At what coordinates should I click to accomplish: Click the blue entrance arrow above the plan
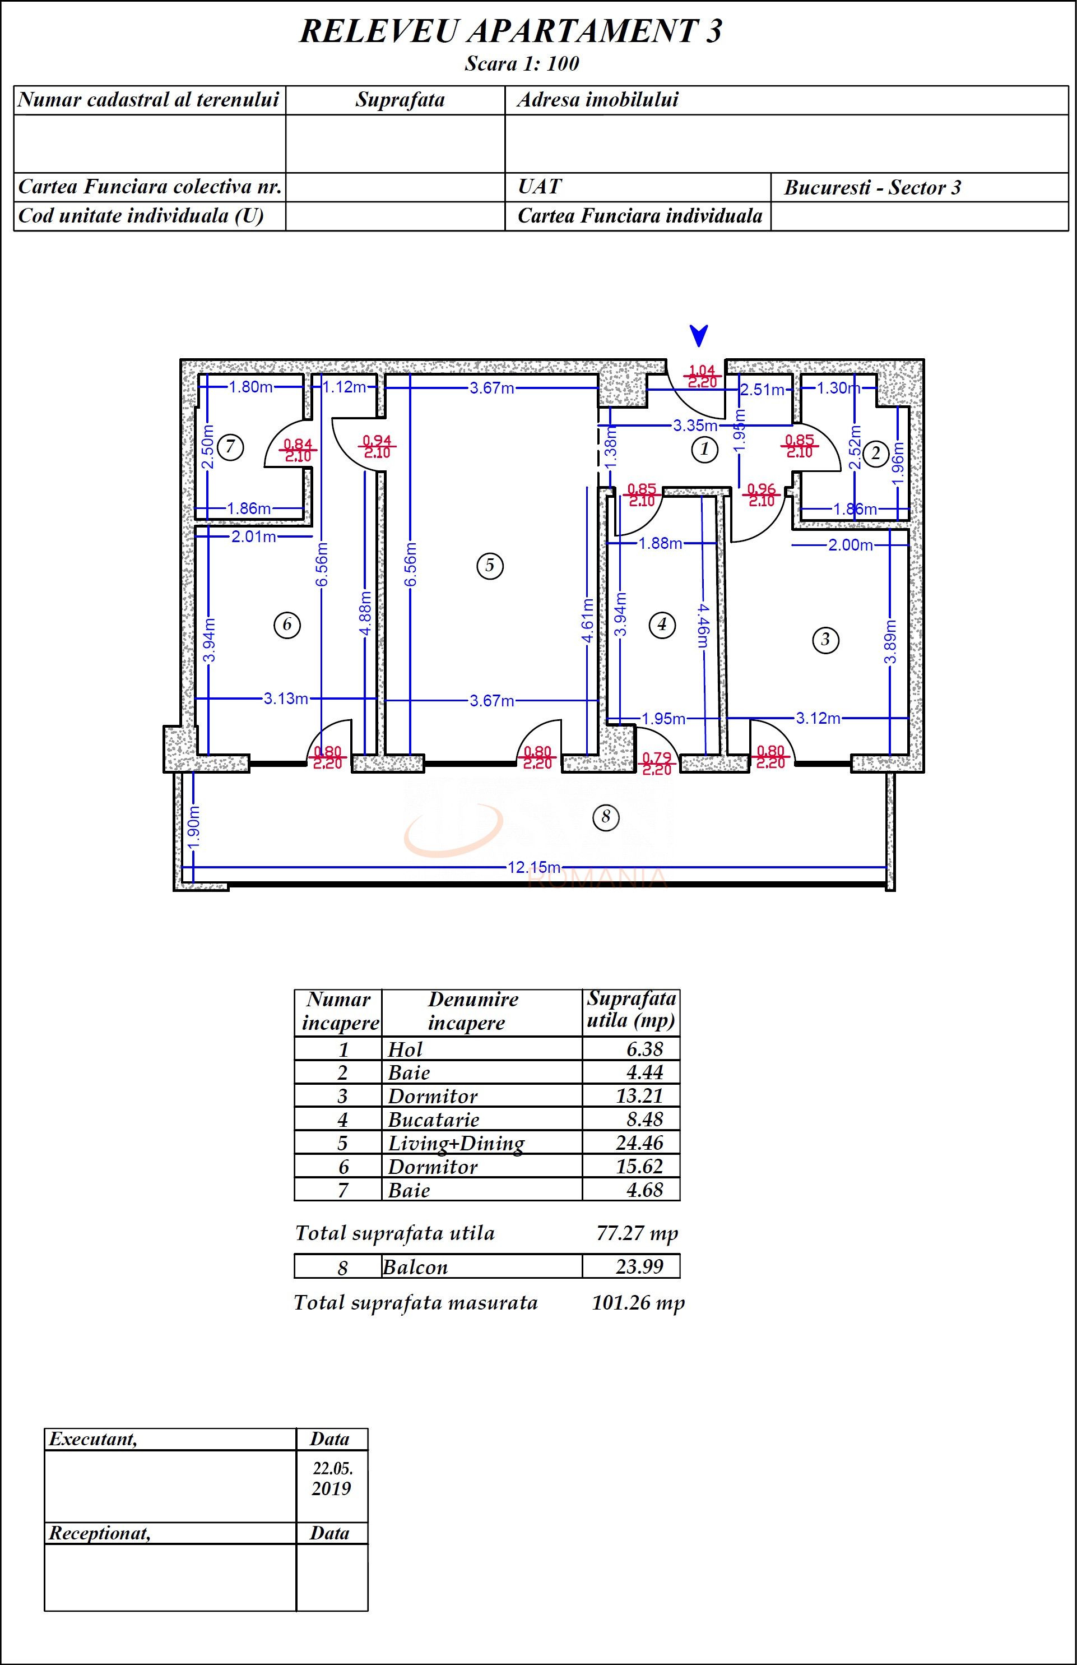click(699, 335)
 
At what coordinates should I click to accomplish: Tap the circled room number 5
click(490, 565)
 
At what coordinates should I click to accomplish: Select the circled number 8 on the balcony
click(606, 816)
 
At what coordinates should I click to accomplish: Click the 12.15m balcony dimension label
click(533, 867)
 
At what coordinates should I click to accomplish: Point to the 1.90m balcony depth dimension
click(194, 826)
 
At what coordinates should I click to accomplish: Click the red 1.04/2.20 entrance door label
click(702, 376)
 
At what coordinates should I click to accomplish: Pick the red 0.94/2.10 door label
click(377, 446)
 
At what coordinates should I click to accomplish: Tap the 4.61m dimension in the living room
click(587, 620)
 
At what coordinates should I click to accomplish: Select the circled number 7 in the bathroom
click(230, 446)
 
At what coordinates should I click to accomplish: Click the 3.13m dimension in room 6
click(285, 698)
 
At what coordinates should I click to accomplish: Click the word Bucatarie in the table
click(433, 1120)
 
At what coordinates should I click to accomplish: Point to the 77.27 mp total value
click(637, 1233)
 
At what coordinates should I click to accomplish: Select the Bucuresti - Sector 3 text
click(872, 187)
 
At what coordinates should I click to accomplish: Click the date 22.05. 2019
click(332, 1478)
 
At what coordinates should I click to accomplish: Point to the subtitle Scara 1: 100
click(522, 64)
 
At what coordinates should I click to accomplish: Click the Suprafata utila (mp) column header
click(631, 1010)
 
